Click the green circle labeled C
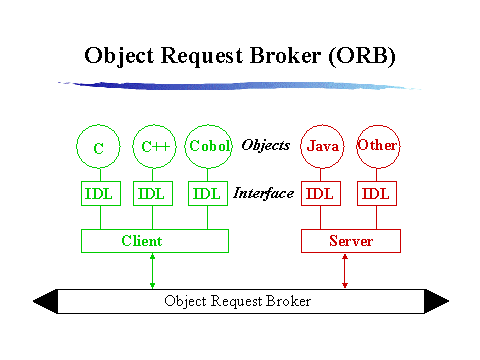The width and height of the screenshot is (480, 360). pos(99,148)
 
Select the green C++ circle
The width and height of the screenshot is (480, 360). pos(153,147)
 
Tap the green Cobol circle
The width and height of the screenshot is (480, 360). pos(207,147)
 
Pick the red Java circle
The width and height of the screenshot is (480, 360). pos(322,147)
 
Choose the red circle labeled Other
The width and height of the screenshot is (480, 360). pos(377,146)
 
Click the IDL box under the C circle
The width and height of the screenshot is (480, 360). pos(99,193)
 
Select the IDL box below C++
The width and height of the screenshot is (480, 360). pos(153,193)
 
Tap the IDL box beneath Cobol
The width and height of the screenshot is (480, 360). pos(207,193)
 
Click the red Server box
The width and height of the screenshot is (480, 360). pos(350,241)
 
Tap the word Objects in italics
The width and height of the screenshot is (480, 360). pos(265,146)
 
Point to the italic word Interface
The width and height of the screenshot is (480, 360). pos(263,193)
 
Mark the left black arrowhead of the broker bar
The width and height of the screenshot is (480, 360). pos(45,301)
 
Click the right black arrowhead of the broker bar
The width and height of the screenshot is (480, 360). pos(436,301)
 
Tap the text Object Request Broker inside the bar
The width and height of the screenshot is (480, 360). pos(238,301)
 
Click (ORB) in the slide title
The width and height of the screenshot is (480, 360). pos(359,56)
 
